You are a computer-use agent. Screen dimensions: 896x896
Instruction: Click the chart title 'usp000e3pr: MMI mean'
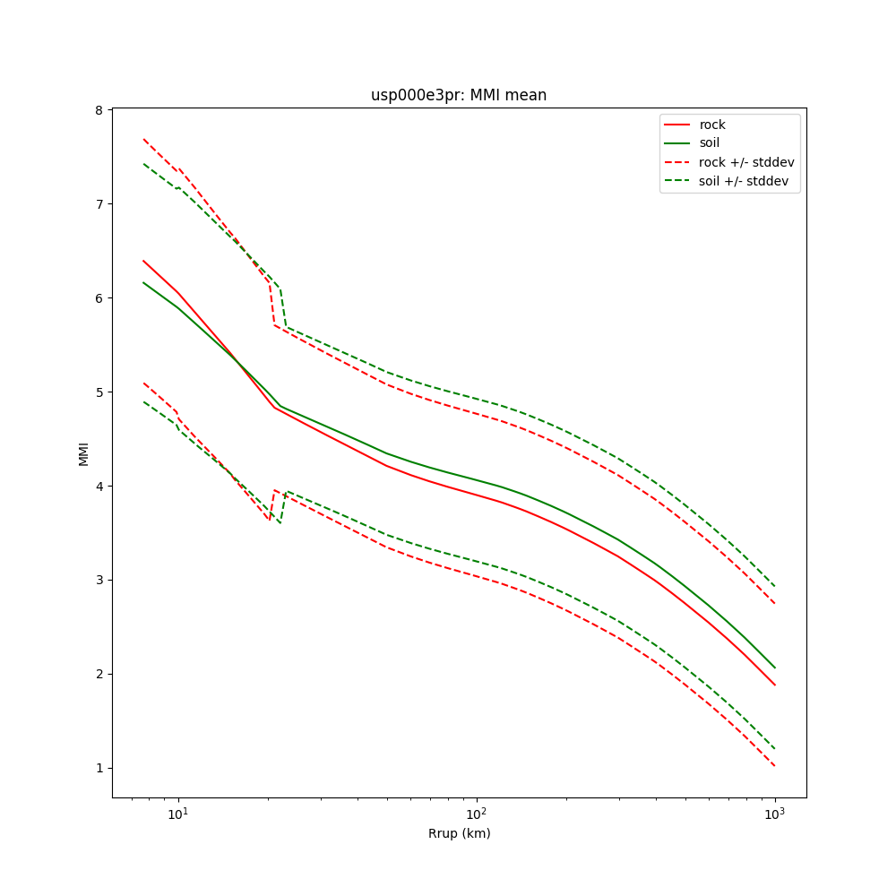[x=459, y=95]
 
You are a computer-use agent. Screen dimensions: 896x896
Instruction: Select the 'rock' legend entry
[x=712, y=125]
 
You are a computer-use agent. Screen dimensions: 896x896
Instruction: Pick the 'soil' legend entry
[x=710, y=143]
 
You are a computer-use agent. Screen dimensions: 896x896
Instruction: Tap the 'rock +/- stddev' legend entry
[x=746, y=162]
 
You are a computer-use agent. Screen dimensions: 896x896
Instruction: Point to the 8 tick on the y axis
[x=100, y=109]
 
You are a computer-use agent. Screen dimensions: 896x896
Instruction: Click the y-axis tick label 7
[x=100, y=203]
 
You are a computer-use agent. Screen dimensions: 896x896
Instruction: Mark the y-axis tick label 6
[x=100, y=297]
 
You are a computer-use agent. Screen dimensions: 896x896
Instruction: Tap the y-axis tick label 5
[x=100, y=392]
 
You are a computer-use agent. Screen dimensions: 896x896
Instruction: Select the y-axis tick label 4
[x=100, y=486]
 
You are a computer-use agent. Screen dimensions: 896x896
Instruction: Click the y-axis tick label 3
[x=100, y=580]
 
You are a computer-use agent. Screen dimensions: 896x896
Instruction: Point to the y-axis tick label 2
[x=100, y=674]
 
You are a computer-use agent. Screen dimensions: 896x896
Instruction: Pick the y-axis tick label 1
[x=100, y=768]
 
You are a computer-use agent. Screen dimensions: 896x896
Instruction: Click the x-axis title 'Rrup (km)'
[x=459, y=833]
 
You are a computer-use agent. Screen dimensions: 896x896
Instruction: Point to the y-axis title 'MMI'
[x=83, y=452]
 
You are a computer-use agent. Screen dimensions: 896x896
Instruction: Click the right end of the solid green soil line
[x=775, y=668]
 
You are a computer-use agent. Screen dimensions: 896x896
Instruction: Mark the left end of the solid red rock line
[x=143, y=261]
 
